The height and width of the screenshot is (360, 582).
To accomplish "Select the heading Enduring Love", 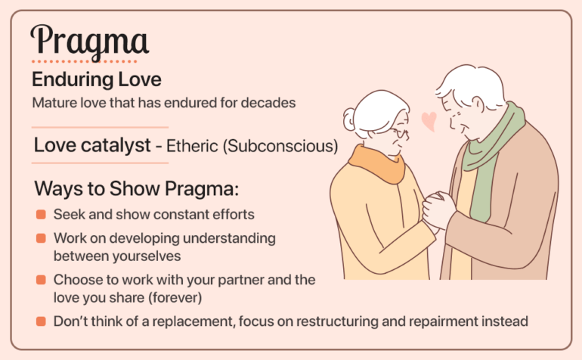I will (96, 79).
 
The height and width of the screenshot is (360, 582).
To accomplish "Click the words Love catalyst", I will (92, 146).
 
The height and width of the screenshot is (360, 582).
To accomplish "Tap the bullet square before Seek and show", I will (41, 215).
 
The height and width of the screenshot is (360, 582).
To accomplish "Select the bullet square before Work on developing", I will (41, 239).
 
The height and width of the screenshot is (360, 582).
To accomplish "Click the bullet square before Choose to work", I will (41, 281).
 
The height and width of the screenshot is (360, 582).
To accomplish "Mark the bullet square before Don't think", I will (41, 322).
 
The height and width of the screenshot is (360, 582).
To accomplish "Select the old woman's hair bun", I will (349, 119).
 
